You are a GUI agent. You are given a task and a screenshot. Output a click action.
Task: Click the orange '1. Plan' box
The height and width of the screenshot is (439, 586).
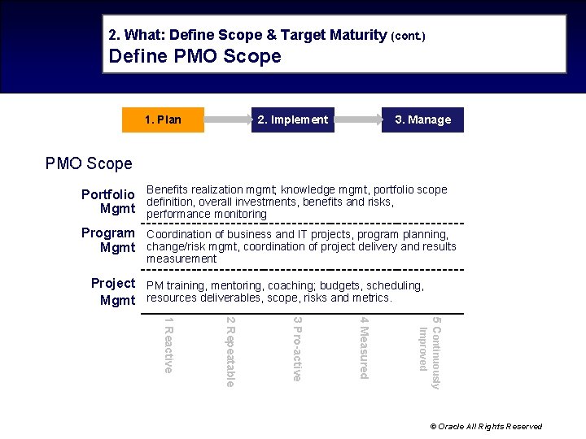point(163,120)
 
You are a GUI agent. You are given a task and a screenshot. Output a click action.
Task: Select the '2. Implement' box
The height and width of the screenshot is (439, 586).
point(292,120)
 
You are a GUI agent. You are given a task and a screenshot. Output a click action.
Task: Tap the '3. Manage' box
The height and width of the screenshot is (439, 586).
point(422,120)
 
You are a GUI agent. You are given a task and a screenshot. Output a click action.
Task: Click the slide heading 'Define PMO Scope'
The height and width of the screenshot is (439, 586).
point(195,56)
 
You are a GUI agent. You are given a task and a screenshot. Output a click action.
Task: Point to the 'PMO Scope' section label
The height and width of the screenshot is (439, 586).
point(89,163)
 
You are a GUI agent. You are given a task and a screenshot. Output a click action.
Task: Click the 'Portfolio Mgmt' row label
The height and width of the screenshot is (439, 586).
point(108,202)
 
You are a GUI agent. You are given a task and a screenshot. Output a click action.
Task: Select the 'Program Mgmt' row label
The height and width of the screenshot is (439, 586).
point(108,240)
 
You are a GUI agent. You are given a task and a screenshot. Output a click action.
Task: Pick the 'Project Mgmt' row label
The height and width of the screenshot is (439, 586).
point(113,292)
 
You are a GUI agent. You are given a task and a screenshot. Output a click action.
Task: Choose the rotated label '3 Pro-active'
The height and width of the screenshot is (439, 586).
point(297,350)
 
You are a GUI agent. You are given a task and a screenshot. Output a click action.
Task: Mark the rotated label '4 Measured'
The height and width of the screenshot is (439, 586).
point(364,348)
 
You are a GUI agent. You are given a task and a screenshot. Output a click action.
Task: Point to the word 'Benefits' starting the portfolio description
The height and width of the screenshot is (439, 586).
point(167,189)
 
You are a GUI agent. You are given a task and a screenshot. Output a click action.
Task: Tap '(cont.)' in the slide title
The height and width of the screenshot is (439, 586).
point(408,36)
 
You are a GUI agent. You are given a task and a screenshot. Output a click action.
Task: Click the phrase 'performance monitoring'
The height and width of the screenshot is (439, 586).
point(207,214)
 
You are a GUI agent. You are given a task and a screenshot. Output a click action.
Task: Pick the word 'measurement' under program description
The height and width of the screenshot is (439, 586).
point(181,259)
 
